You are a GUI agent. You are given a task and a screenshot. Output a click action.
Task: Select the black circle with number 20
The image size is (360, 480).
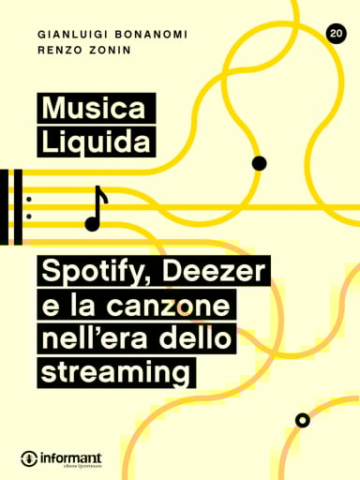[x=335, y=34]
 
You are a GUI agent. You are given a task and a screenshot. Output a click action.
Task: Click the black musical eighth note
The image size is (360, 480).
[x=96, y=208]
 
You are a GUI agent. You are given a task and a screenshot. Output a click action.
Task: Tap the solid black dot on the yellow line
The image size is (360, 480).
[x=260, y=163]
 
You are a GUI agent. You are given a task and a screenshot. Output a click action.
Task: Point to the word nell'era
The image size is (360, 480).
[x=92, y=339]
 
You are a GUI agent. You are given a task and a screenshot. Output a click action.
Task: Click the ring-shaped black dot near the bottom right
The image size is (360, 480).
[x=302, y=419]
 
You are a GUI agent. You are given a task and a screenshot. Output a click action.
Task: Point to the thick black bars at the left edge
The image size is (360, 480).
[x=11, y=207]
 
